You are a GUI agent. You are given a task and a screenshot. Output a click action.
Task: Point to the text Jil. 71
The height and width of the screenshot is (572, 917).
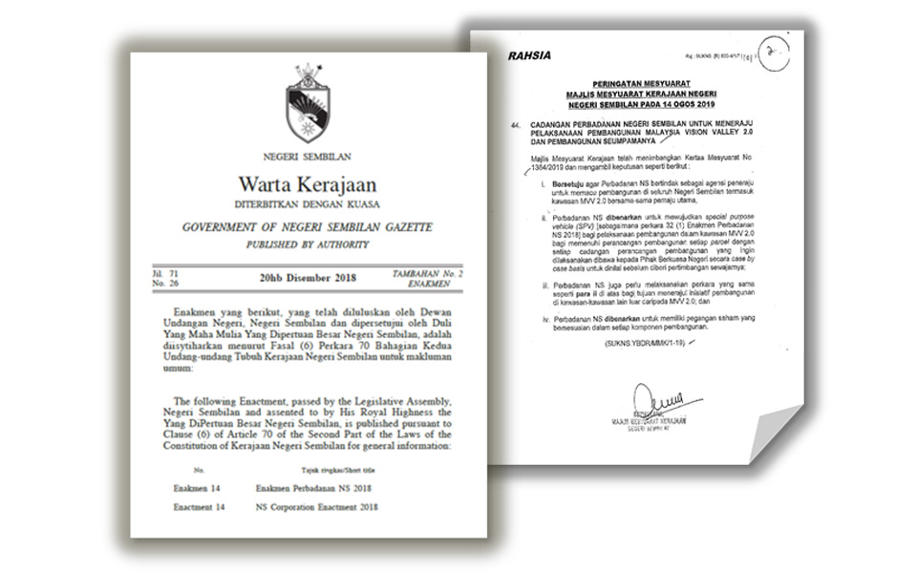165,273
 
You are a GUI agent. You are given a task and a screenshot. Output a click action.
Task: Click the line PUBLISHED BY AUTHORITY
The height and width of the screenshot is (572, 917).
308,245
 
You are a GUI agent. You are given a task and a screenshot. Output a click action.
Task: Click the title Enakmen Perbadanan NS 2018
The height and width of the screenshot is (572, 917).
314,487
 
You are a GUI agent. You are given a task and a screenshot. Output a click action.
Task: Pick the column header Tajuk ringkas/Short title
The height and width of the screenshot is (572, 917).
313,471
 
